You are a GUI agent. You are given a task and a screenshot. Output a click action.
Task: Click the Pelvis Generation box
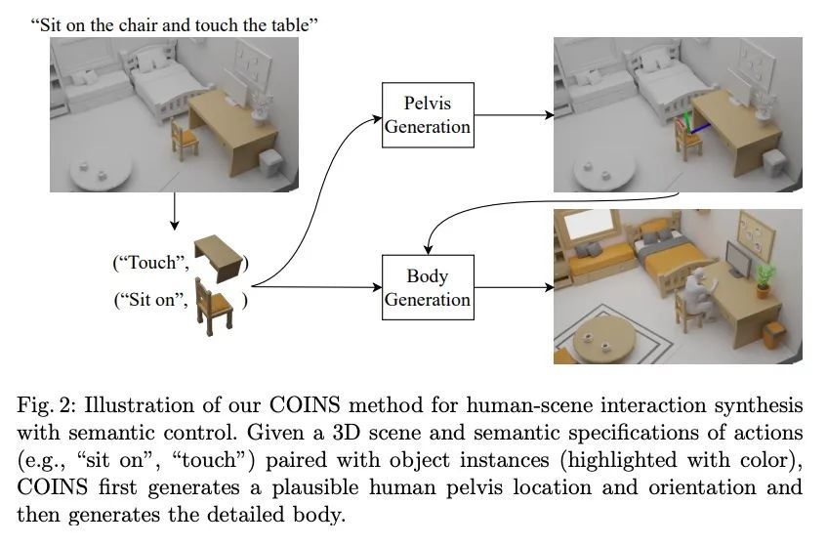428,115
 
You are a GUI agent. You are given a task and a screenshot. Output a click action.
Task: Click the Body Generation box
428,287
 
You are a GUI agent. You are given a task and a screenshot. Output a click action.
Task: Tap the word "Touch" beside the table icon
151,262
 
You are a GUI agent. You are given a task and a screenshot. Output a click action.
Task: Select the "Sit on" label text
152,300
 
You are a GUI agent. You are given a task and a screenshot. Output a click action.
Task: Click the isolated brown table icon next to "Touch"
219,259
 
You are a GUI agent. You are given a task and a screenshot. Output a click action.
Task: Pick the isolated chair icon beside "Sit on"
214,307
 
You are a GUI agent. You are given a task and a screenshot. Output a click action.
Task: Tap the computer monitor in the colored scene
738,259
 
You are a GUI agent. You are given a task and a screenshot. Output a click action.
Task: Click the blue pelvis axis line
700,128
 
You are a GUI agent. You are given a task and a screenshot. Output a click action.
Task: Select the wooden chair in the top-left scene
185,140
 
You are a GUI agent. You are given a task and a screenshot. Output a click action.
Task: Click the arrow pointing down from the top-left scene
174,211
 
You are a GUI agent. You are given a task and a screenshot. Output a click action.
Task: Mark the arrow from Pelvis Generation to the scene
515,115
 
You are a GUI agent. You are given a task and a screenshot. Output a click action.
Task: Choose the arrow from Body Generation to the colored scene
515,287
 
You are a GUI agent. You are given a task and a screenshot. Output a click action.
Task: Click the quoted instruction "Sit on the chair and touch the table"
174,24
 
